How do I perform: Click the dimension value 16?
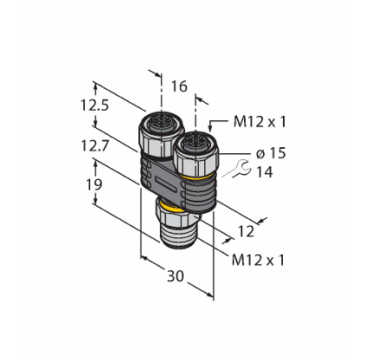(x=179, y=87)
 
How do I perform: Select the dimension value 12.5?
(x=94, y=106)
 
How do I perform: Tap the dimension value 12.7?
(x=94, y=145)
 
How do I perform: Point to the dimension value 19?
(x=94, y=184)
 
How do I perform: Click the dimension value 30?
(x=176, y=276)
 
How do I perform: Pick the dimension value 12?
(x=246, y=231)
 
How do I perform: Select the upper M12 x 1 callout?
(x=260, y=122)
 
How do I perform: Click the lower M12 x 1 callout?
(x=258, y=260)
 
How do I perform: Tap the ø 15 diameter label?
(x=271, y=153)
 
